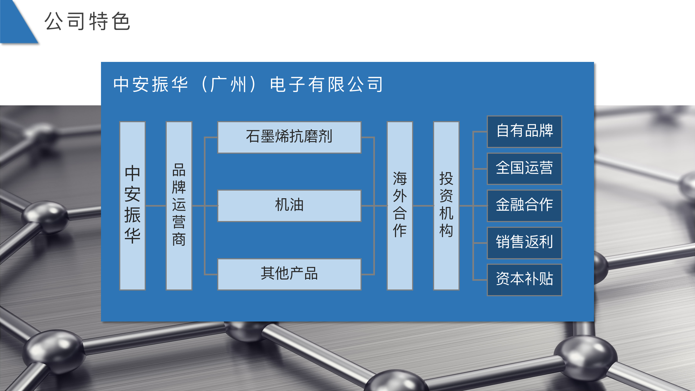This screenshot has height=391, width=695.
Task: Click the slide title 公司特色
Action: [x=87, y=21]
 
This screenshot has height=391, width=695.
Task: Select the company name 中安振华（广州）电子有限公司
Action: [x=248, y=84]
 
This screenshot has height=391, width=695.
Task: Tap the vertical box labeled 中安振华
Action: [x=132, y=206]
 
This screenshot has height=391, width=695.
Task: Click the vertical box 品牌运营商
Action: [x=179, y=206]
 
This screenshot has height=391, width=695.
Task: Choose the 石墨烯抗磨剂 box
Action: [x=289, y=137]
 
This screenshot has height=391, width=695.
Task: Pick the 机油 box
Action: [x=289, y=206]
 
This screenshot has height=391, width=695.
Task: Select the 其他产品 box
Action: [x=289, y=274]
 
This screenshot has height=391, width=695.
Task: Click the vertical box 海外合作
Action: [x=400, y=206]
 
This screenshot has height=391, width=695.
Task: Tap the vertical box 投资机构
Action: [x=446, y=206]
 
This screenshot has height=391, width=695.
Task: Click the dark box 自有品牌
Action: [x=525, y=132]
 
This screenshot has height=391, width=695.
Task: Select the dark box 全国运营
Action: [x=525, y=169]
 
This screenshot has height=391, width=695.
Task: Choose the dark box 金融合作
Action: [x=525, y=206]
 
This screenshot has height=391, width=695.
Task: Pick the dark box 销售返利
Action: [x=525, y=243]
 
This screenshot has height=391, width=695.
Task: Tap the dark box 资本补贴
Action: [x=525, y=280]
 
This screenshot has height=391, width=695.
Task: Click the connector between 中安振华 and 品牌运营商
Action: [x=156, y=206]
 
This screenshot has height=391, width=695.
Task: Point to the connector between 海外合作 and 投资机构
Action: [x=423, y=206]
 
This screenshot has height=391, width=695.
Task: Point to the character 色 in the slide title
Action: [x=121, y=21]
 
